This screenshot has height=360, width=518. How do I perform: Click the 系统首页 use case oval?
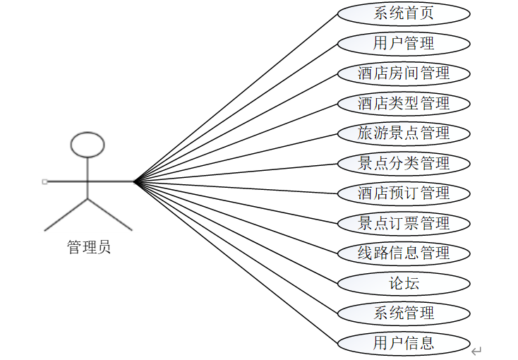(x=404, y=13)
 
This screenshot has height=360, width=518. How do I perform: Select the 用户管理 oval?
(x=404, y=43)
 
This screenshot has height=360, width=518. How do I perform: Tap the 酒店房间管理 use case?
(x=404, y=73)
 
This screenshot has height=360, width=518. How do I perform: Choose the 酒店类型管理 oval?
(x=404, y=104)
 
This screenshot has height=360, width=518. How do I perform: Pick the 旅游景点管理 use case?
(x=404, y=133)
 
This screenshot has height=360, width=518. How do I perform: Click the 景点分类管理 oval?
(x=404, y=164)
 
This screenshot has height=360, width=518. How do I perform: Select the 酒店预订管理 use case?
(x=404, y=193)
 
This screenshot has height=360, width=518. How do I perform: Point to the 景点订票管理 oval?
(x=404, y=224)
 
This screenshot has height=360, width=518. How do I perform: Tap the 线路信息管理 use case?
(x=404, y=253)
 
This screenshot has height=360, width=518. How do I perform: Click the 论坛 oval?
(x=404, y=284)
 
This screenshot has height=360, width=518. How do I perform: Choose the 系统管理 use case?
(x=404, y=313)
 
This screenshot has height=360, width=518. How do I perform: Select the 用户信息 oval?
(x=404, y=344)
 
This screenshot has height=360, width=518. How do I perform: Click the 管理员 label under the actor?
(x=88, y=247)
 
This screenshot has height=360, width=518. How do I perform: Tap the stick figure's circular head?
(x=88, y=144)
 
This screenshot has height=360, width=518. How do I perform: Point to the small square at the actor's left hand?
(x=45, y=181)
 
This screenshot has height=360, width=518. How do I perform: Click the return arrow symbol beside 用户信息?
(x=477, y=351)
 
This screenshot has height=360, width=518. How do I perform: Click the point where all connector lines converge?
(x=133, y=181)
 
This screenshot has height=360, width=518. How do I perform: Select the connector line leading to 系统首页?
(x=236, y=97)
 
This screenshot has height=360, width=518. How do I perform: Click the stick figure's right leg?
(x=110, y=215)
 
